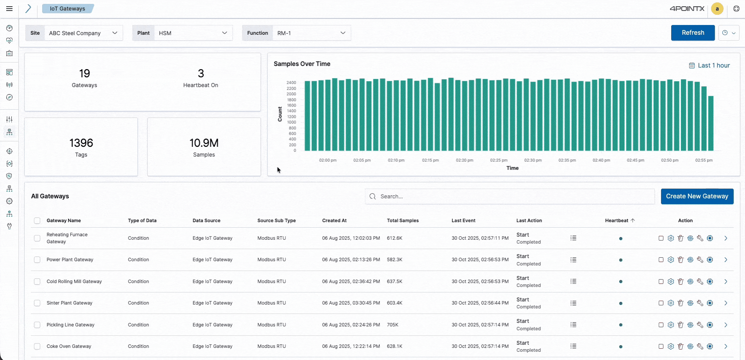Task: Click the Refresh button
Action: (693, 33)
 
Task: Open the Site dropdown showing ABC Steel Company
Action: (83, 33)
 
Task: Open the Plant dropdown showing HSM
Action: (193, 33)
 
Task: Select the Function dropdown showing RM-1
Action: (311, 33)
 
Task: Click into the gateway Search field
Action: (510, 196)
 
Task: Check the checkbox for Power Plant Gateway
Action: (37, 260)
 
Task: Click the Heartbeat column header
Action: (617, 221)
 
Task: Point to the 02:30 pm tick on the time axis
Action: (533, 160)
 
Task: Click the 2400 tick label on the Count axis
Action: (291, 83)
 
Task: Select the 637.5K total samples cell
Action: (394, 282)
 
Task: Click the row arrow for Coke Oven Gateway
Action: (725, 346)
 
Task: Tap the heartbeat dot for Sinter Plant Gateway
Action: (620, 303)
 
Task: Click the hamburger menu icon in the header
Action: (9, 9)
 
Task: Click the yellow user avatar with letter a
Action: (717, 9)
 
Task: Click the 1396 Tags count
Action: (81, 143)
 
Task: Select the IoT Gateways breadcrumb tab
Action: (68, 9)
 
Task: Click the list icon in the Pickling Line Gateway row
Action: (573, 325)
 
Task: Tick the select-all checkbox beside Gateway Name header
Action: (37, 221)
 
